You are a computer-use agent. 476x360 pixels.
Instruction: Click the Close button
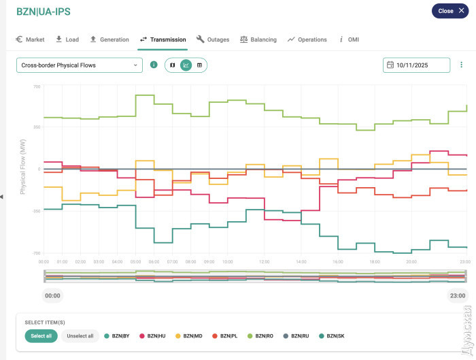point(449,11)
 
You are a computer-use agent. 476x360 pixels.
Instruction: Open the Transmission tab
point(163,39)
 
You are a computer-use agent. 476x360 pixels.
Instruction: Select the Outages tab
point(213,39)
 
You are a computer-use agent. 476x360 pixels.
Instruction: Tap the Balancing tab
point(258,39)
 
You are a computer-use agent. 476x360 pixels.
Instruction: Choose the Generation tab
point(109,39)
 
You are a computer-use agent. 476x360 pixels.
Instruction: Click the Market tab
point(30,39)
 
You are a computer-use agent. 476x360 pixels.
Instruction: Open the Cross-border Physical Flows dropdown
point(79,65)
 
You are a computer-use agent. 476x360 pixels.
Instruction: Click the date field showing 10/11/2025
point(416,65)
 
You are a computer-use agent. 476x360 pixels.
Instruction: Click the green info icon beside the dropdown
point(154,65)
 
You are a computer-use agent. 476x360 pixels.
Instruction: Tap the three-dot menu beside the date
point(462,65)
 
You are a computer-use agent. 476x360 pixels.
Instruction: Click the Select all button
point(41,336)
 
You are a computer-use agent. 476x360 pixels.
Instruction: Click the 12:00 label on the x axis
point(264,261)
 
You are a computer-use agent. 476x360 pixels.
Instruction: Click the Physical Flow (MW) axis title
point(23,169)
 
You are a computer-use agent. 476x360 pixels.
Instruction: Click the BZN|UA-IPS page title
point(44,12)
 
